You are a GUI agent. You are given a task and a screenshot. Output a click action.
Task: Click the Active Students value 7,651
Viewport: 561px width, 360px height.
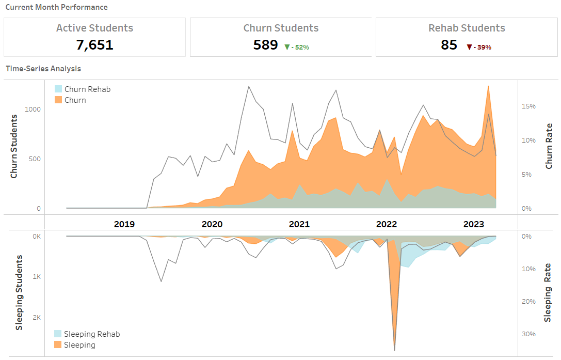tap(94, 45)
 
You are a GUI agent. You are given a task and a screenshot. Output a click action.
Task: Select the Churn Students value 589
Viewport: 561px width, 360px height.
tap(265, 45)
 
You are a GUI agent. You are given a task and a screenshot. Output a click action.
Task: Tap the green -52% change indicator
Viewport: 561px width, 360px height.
tap(297, 47)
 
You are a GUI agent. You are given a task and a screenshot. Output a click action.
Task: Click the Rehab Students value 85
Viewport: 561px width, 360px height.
tap(449, 45)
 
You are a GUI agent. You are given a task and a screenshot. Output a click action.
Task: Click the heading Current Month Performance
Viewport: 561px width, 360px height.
tap(56, 7)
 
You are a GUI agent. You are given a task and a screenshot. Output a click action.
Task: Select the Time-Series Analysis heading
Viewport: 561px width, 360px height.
tap(43, 68)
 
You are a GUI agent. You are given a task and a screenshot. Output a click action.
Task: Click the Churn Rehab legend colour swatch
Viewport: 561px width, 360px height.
tap(58, 89)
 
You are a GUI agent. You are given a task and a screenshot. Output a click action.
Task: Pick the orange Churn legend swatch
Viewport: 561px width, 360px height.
tap(58, 100)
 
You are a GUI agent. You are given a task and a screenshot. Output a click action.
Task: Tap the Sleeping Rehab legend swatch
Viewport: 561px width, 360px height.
tap(58, 334)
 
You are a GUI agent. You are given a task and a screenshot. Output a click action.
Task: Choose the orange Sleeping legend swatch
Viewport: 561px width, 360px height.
tap(58, 345)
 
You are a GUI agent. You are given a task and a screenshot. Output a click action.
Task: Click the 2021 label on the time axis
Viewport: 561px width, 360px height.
tap(299, 224)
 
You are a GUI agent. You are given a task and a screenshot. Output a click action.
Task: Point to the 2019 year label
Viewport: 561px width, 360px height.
tap(124, 224)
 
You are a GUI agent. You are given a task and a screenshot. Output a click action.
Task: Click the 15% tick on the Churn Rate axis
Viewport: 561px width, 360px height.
tap(529, 106)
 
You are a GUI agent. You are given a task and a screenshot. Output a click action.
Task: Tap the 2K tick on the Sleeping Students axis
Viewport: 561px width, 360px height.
tap(36, 318)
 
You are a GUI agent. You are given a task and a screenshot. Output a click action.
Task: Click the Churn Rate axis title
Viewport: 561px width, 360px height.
tap(549, 146)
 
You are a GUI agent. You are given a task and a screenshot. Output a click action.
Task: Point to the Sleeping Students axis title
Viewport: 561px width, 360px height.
tap(19, 292)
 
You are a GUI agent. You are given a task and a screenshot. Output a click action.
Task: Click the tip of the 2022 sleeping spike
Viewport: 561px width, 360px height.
tap(395, 349)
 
